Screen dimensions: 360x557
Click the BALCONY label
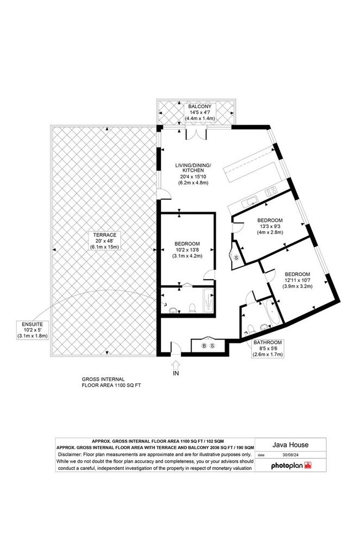[x=200, y=106]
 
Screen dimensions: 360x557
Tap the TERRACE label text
[x=104, y=235]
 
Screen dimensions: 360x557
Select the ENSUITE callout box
[x=32, y=330]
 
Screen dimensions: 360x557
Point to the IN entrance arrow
[x=176, y=366]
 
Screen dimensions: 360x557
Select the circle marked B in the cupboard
[x=204, y=345]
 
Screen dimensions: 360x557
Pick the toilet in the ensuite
[x=192, y=308]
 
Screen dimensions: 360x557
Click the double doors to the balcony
[x=196, y=133]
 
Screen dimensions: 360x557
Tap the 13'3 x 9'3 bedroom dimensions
[x=270, y=226]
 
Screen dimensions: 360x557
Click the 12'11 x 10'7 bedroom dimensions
[x=298, y=280]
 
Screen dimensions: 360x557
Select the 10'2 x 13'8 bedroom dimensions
[x=187, y=250]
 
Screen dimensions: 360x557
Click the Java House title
[x=290, y=444]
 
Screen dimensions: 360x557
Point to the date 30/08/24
[x=290, y=455]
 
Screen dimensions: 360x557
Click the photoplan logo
[x=291, y=466]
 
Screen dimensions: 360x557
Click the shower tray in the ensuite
[x=208, y=301]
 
